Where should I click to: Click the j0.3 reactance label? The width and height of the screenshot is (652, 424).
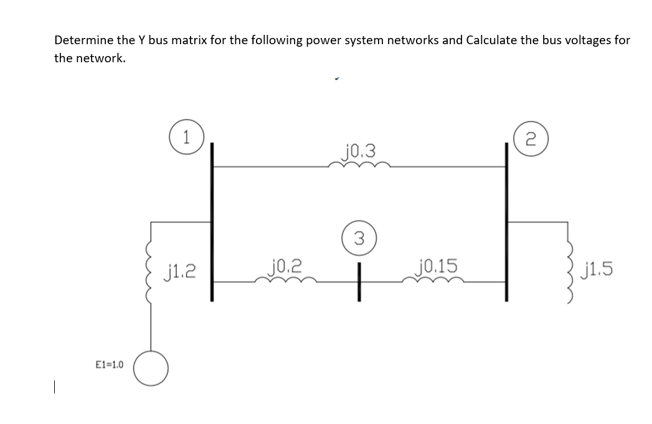359,150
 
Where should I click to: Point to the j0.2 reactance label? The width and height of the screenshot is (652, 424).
285,268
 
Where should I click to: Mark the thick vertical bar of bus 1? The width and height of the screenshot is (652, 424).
212,222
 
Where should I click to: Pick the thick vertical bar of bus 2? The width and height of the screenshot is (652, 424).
506,222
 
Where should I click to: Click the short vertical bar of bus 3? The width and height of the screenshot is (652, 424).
359,282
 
